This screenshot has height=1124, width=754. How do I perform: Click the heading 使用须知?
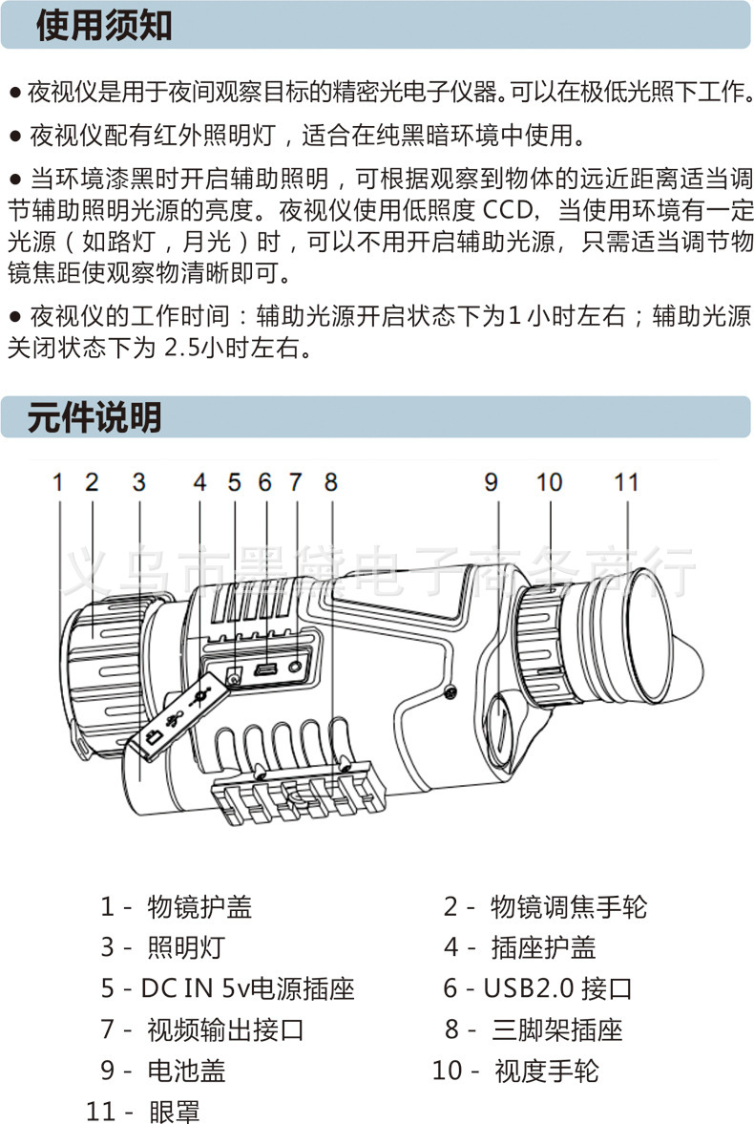pos(104,26)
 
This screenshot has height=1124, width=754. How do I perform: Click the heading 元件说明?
pos(94,418)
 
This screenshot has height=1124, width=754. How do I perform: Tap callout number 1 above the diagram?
pos(57,482)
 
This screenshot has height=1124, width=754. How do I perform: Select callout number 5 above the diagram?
pos(235,482)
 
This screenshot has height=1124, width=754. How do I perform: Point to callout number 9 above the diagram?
pos(491,482)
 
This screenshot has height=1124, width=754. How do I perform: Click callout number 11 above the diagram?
pos(625,482)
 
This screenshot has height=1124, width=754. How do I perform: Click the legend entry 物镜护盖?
pos(199,905)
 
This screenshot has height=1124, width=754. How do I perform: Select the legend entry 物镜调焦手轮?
pos(568,905)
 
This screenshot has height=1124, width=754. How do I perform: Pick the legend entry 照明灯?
pos(186,946)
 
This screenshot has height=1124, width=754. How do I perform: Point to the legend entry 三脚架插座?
pos(556,1029)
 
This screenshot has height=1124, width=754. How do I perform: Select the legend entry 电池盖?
pos(186,1071)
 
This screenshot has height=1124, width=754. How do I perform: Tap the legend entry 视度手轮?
pos(546,1071)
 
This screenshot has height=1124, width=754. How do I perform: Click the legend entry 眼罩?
pos(174,1112)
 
